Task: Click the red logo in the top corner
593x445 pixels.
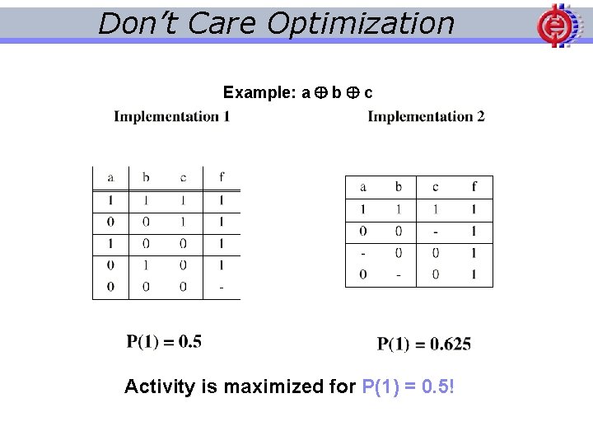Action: pos(554,25)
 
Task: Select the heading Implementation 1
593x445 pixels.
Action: pos(172,116)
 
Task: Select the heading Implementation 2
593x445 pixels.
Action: pos(426,116)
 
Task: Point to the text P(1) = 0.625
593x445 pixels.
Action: pos(424,344)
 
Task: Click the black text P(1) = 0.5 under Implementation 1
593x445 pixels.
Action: pos(164,341)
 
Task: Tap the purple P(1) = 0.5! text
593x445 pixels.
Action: pos(408,386)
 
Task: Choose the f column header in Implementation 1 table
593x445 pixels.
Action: pos(222,177)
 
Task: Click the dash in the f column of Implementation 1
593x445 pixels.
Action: pos(222,288)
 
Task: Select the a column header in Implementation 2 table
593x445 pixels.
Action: pos(363,187)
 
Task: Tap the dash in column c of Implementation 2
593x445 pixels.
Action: pos(435,232)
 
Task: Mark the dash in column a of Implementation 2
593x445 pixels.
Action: pos(363,253)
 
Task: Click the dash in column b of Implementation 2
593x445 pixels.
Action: pos(399,274)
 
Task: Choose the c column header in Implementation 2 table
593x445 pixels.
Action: pos(435,187)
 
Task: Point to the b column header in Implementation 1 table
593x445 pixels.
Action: pos(146,177)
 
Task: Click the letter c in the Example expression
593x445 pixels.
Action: pos(368,92)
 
